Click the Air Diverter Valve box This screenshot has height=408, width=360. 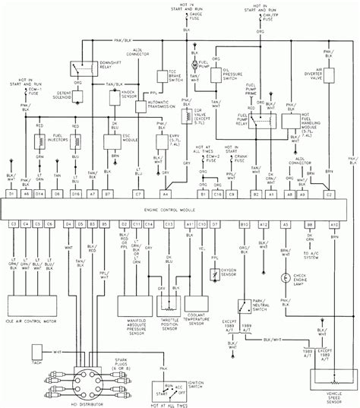click(332, 85)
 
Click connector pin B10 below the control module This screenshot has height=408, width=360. click(245, 225)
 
